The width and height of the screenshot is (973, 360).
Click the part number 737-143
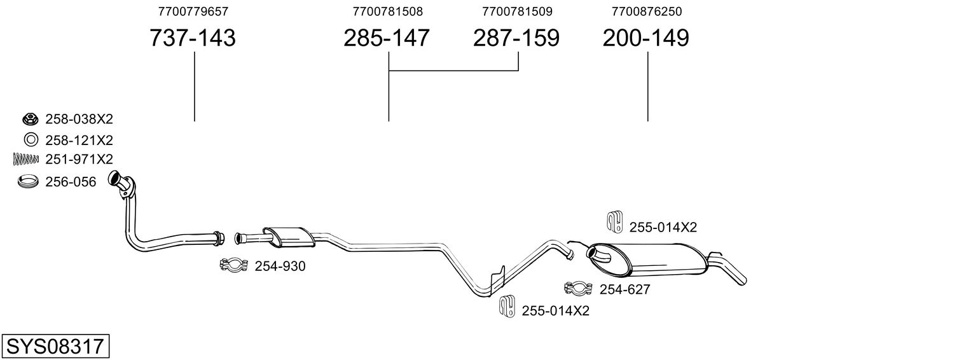[x=192, y=38]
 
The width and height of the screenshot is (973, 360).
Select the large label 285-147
[x=387, y=38]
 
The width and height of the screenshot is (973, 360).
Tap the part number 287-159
[x=516, y=38]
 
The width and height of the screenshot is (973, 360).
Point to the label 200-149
[x=645, y=38]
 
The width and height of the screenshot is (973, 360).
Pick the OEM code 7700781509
[x=517, y=11]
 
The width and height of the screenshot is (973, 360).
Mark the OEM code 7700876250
[x=647, y=11]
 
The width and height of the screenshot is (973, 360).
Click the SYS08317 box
[x=55, y=347]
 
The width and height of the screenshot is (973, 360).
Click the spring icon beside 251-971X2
[x=26, y=159]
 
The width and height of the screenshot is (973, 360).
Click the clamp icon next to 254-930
[x=233, y=266]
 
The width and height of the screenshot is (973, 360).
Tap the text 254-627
[x=625, y=290]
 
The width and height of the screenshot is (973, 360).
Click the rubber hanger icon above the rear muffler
[x=614, y=220]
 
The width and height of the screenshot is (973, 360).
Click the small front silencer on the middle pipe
[x=289, y=237]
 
